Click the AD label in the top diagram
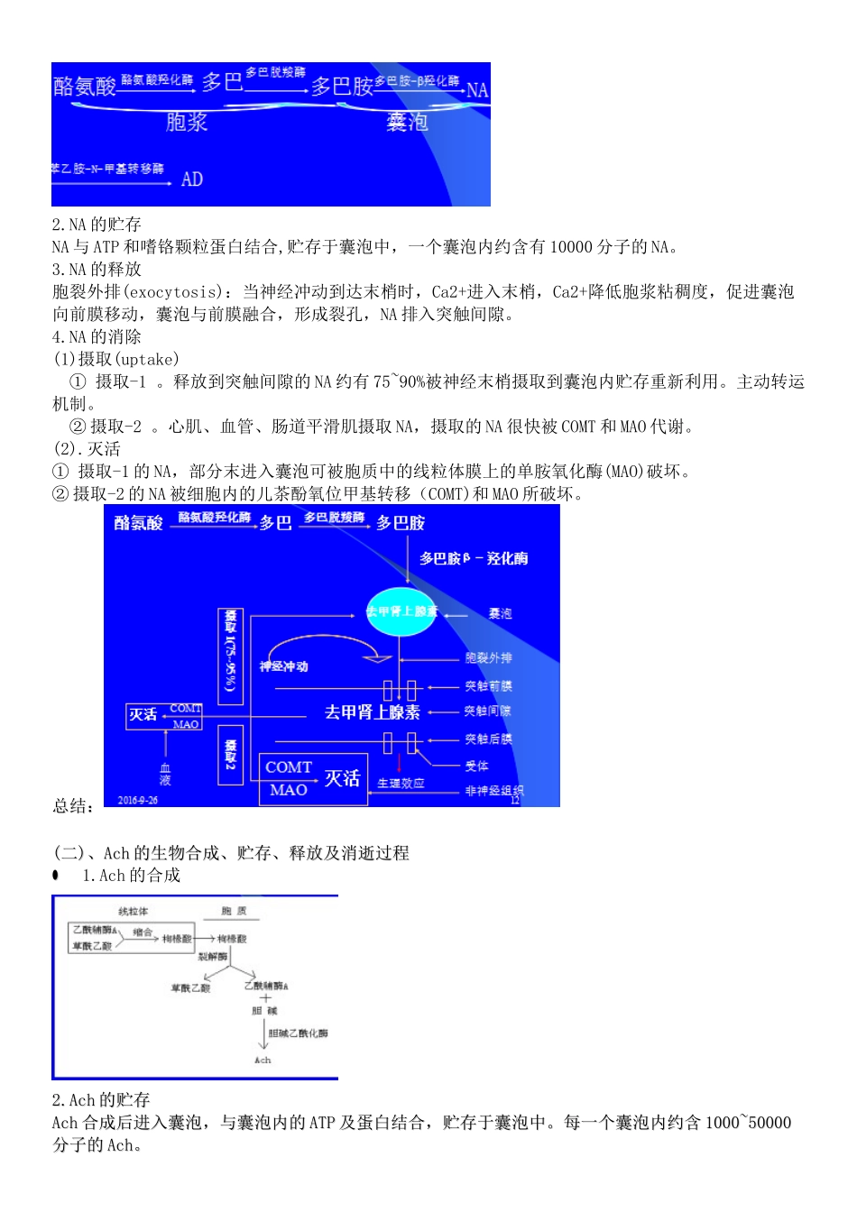[191, 179]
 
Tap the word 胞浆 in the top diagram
[187, 122]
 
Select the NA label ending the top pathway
[477, 90]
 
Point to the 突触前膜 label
[488, 687]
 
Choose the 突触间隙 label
[487, 712]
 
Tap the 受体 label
[476, 766]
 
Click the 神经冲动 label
[284, 666]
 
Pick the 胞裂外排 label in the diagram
[488, 658]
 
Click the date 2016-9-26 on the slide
[137, 800]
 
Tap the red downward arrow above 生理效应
[399, 763]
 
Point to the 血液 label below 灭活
[165, 775]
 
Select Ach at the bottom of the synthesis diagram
[263, 1060]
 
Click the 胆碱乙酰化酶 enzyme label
[298, 1033]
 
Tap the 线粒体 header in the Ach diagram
[134, 912]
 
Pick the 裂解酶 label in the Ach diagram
[213, 956]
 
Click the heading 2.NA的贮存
[97, 225]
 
